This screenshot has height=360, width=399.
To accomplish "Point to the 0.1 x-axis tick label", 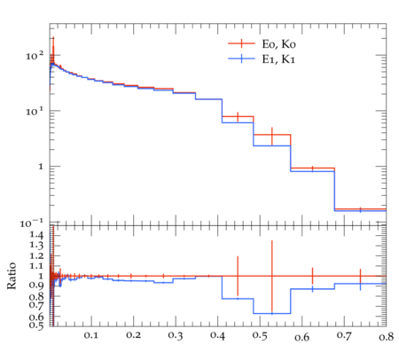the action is coord(91,335).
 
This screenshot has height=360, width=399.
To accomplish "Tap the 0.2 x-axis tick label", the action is coord(133,335).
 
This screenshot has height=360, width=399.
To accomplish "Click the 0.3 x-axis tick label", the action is coord(176,336).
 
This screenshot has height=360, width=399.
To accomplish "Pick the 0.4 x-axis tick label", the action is coord(217,336).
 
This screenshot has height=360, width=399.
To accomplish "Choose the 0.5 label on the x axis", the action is coord(260,336).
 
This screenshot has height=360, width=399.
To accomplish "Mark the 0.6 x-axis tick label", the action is coord(302,337).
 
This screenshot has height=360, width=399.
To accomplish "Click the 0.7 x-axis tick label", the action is coord(344,336).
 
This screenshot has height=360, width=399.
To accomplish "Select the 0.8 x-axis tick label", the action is coord(386,337).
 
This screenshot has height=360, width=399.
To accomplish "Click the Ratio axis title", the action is coord(12,276).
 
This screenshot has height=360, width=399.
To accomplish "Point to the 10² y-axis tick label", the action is coord(35,55).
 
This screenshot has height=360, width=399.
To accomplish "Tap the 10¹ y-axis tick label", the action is coord(35,111).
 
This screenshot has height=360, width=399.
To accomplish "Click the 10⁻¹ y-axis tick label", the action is coord(32,223).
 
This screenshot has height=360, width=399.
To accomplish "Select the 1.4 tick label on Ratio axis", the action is coord(36,235).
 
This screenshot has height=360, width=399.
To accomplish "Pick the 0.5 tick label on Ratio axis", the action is coord(36,325).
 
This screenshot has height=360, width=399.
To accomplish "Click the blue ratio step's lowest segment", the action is coord(272,314).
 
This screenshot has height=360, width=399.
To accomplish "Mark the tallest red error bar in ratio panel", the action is coord(272,277).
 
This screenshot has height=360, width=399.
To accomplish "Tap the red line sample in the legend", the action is coord(241,43).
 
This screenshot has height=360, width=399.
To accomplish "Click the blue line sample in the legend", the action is coord(241,59).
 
